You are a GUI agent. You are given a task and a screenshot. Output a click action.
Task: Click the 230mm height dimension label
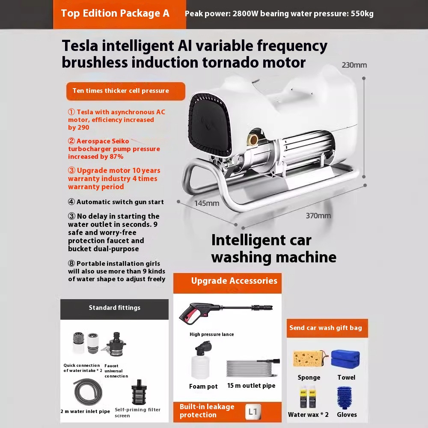coord(354,65)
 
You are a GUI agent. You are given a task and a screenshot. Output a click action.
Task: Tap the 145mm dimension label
coord(207,203)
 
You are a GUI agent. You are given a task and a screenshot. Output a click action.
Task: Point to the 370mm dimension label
coord(318,216)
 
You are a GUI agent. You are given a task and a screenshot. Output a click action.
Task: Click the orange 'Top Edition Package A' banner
coord(119,14)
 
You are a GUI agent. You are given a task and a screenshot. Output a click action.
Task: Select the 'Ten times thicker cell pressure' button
coord(125,91)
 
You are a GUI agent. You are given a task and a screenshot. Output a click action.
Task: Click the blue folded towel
coord(345,359)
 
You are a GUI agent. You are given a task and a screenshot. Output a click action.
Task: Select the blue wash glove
coord(345,397)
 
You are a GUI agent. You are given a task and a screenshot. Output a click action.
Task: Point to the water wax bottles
coord(308,397)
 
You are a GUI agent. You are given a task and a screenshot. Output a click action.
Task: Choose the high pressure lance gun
coord(226,313)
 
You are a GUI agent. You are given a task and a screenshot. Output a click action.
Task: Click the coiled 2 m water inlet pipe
coord(88,392)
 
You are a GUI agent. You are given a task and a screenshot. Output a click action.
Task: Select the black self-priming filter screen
coord(139,392)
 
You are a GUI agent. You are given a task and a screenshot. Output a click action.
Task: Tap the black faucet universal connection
coord(114,345)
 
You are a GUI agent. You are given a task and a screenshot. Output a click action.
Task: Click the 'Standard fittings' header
coord(114,309)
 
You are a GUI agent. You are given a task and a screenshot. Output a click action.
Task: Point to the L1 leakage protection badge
coord(253,412)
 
